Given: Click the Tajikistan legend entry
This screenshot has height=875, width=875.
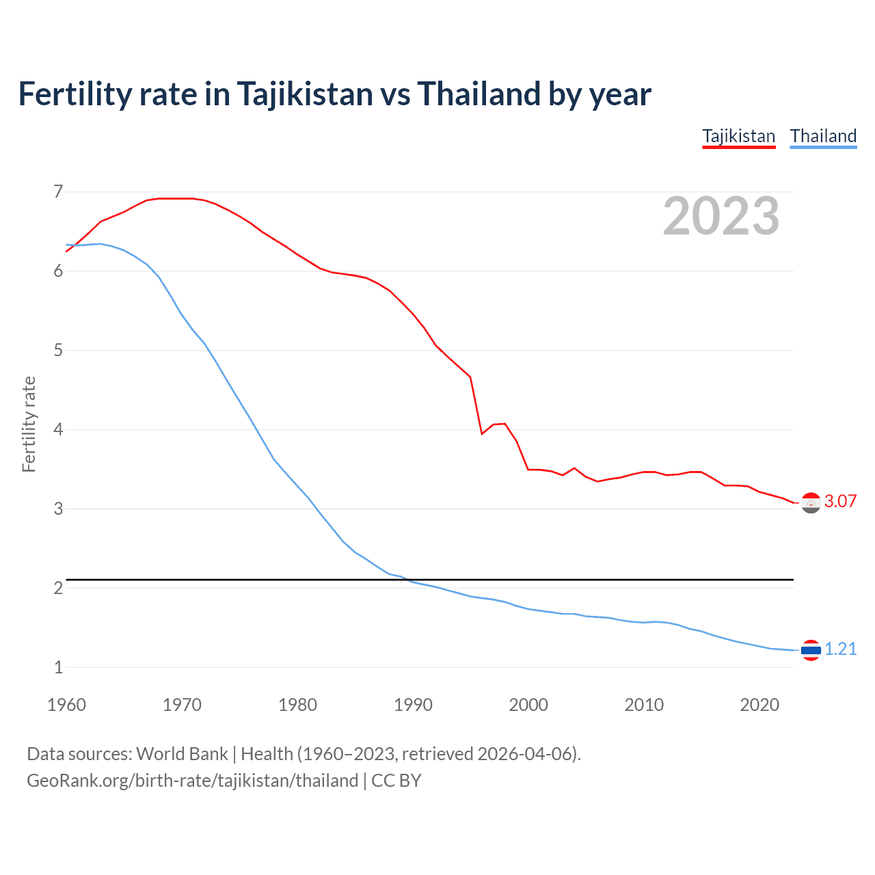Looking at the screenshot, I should pyautogui.click(x=738, y=136).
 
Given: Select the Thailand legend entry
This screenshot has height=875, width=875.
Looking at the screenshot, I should pyautogui.click(x=823, y=136).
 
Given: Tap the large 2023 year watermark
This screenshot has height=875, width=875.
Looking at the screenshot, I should pyautogui.click(x=721, y=216).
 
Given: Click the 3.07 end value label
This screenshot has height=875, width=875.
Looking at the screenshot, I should pyautogui.click(x=840, y=501).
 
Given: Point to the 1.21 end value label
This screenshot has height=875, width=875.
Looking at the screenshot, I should pyautogui.click(x=840, y=649).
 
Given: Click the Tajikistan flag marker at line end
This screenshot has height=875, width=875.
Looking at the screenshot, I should pyautogui.click(x=811, y=502).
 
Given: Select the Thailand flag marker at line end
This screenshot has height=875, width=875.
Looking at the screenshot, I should pyautogui.click(x=811, y=650).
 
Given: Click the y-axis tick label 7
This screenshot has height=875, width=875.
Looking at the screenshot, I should pyautogui.click(x=58, y=191).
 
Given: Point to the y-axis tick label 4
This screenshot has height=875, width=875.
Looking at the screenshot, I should pyautogui.click(x=58, y=429).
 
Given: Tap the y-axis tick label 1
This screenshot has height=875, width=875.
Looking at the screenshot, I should pyautogui.click(x=58, y=667).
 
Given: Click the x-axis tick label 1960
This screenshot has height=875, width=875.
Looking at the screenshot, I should pyautogui.click(x=66, y=705).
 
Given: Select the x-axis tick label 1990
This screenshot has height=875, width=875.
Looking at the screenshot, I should pyautogui.click(x=413, y=705).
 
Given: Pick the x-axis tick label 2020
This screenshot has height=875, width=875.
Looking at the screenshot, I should pyautogui.click(x=759, y=705).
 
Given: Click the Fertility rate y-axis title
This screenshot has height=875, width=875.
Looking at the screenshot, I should pyautogui.click(x=29, y=424).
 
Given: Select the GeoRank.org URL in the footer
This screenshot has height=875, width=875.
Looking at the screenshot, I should pyautogui.click(x=192, y=781).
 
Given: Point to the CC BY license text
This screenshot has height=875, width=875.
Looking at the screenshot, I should pyautogui.click(x=396, y=781).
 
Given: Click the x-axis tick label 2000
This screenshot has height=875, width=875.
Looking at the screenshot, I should pyautogui.click(x=528, y=705).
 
